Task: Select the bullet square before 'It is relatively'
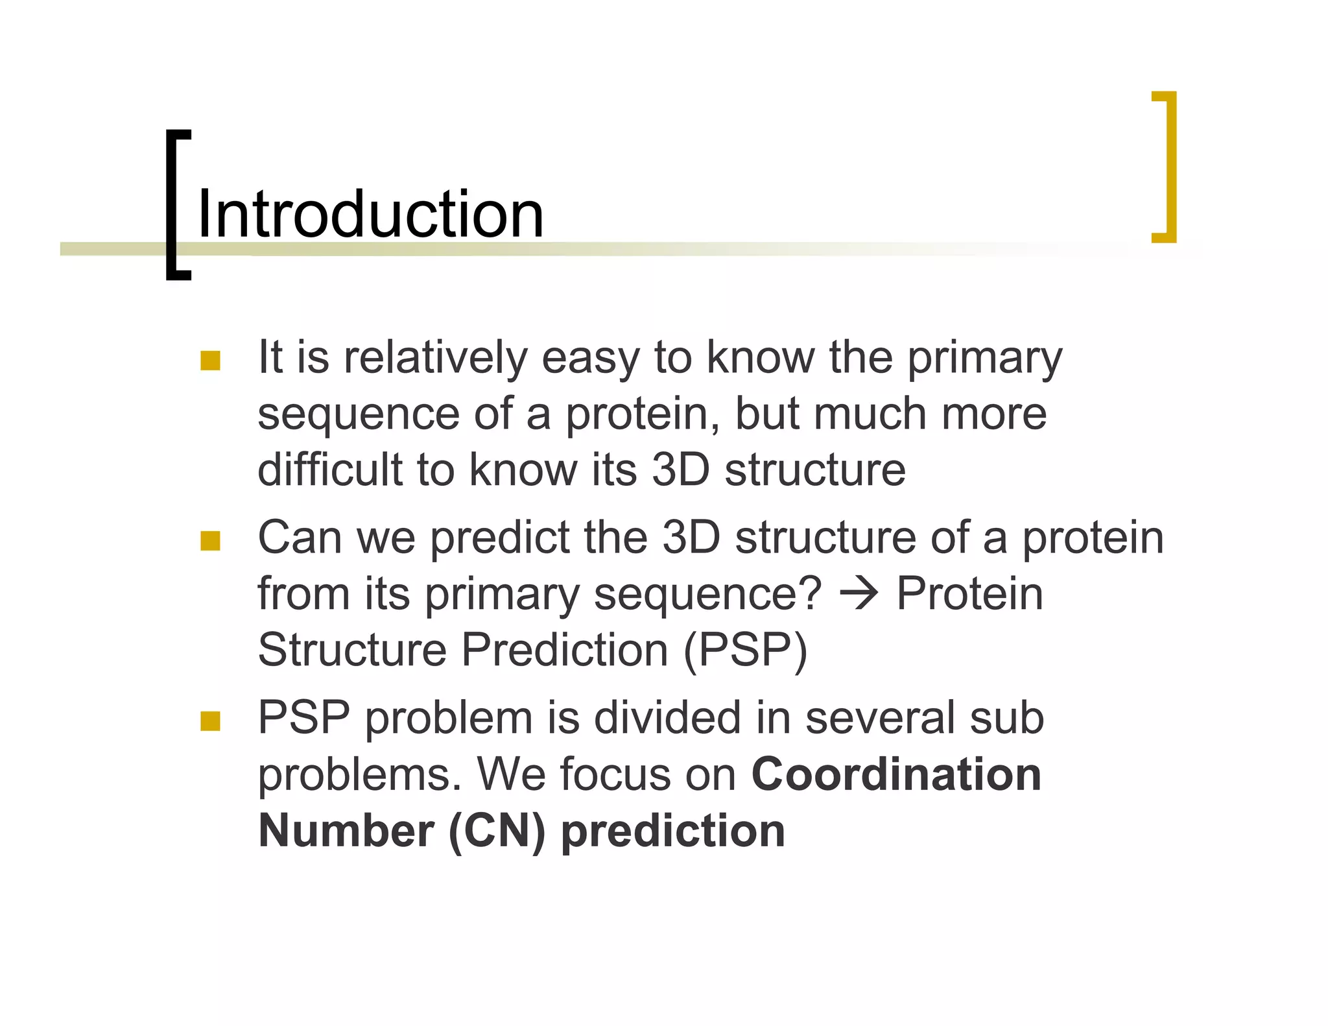pyautogui.click(x=211, y=361)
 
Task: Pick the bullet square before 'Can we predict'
pyautogui.click(x=211, y=541)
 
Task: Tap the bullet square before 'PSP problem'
pyautogui.click(x=211, y=721)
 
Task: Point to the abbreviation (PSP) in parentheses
pyautogui.click(x=746, y=650)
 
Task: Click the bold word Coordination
pyautogui.click(x=896, y=774)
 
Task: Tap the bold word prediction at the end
pyautogui.click(x=672, y=831)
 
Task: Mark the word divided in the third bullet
pyautogui.click(x=667, y=718)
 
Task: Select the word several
pyautogui.click(x=879, y=718)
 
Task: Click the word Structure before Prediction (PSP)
pyautogui.click(x=352, y=650)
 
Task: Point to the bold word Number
pyautogui.click(x=346, y=831)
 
